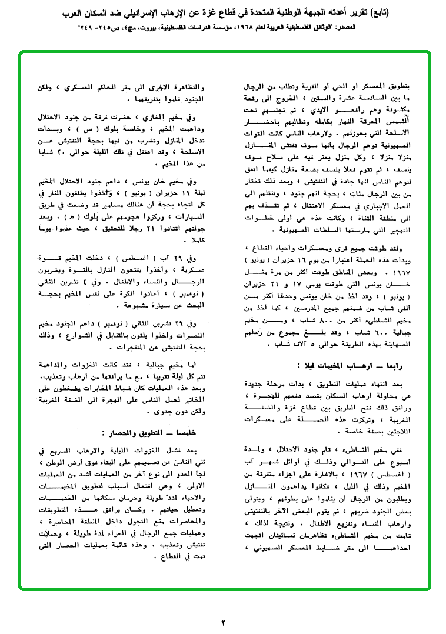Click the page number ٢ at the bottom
[x=223, y=621]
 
